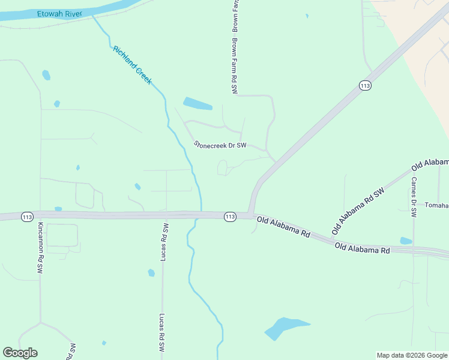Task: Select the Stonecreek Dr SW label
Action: coord(221,145)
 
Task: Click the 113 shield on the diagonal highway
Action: coord(365,86)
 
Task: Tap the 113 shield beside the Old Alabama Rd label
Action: coord(230,217)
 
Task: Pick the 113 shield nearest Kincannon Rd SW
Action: coord(26,216)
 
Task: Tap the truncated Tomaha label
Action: coord(436,205)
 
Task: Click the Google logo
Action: coord(20,353)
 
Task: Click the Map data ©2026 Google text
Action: coord(412,355)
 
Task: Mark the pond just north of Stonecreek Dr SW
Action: coord(197,104)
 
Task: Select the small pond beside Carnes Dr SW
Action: coord(406,241)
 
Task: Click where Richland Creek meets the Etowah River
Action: coord(93,17)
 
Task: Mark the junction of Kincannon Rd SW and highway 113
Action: coord(41,215)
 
